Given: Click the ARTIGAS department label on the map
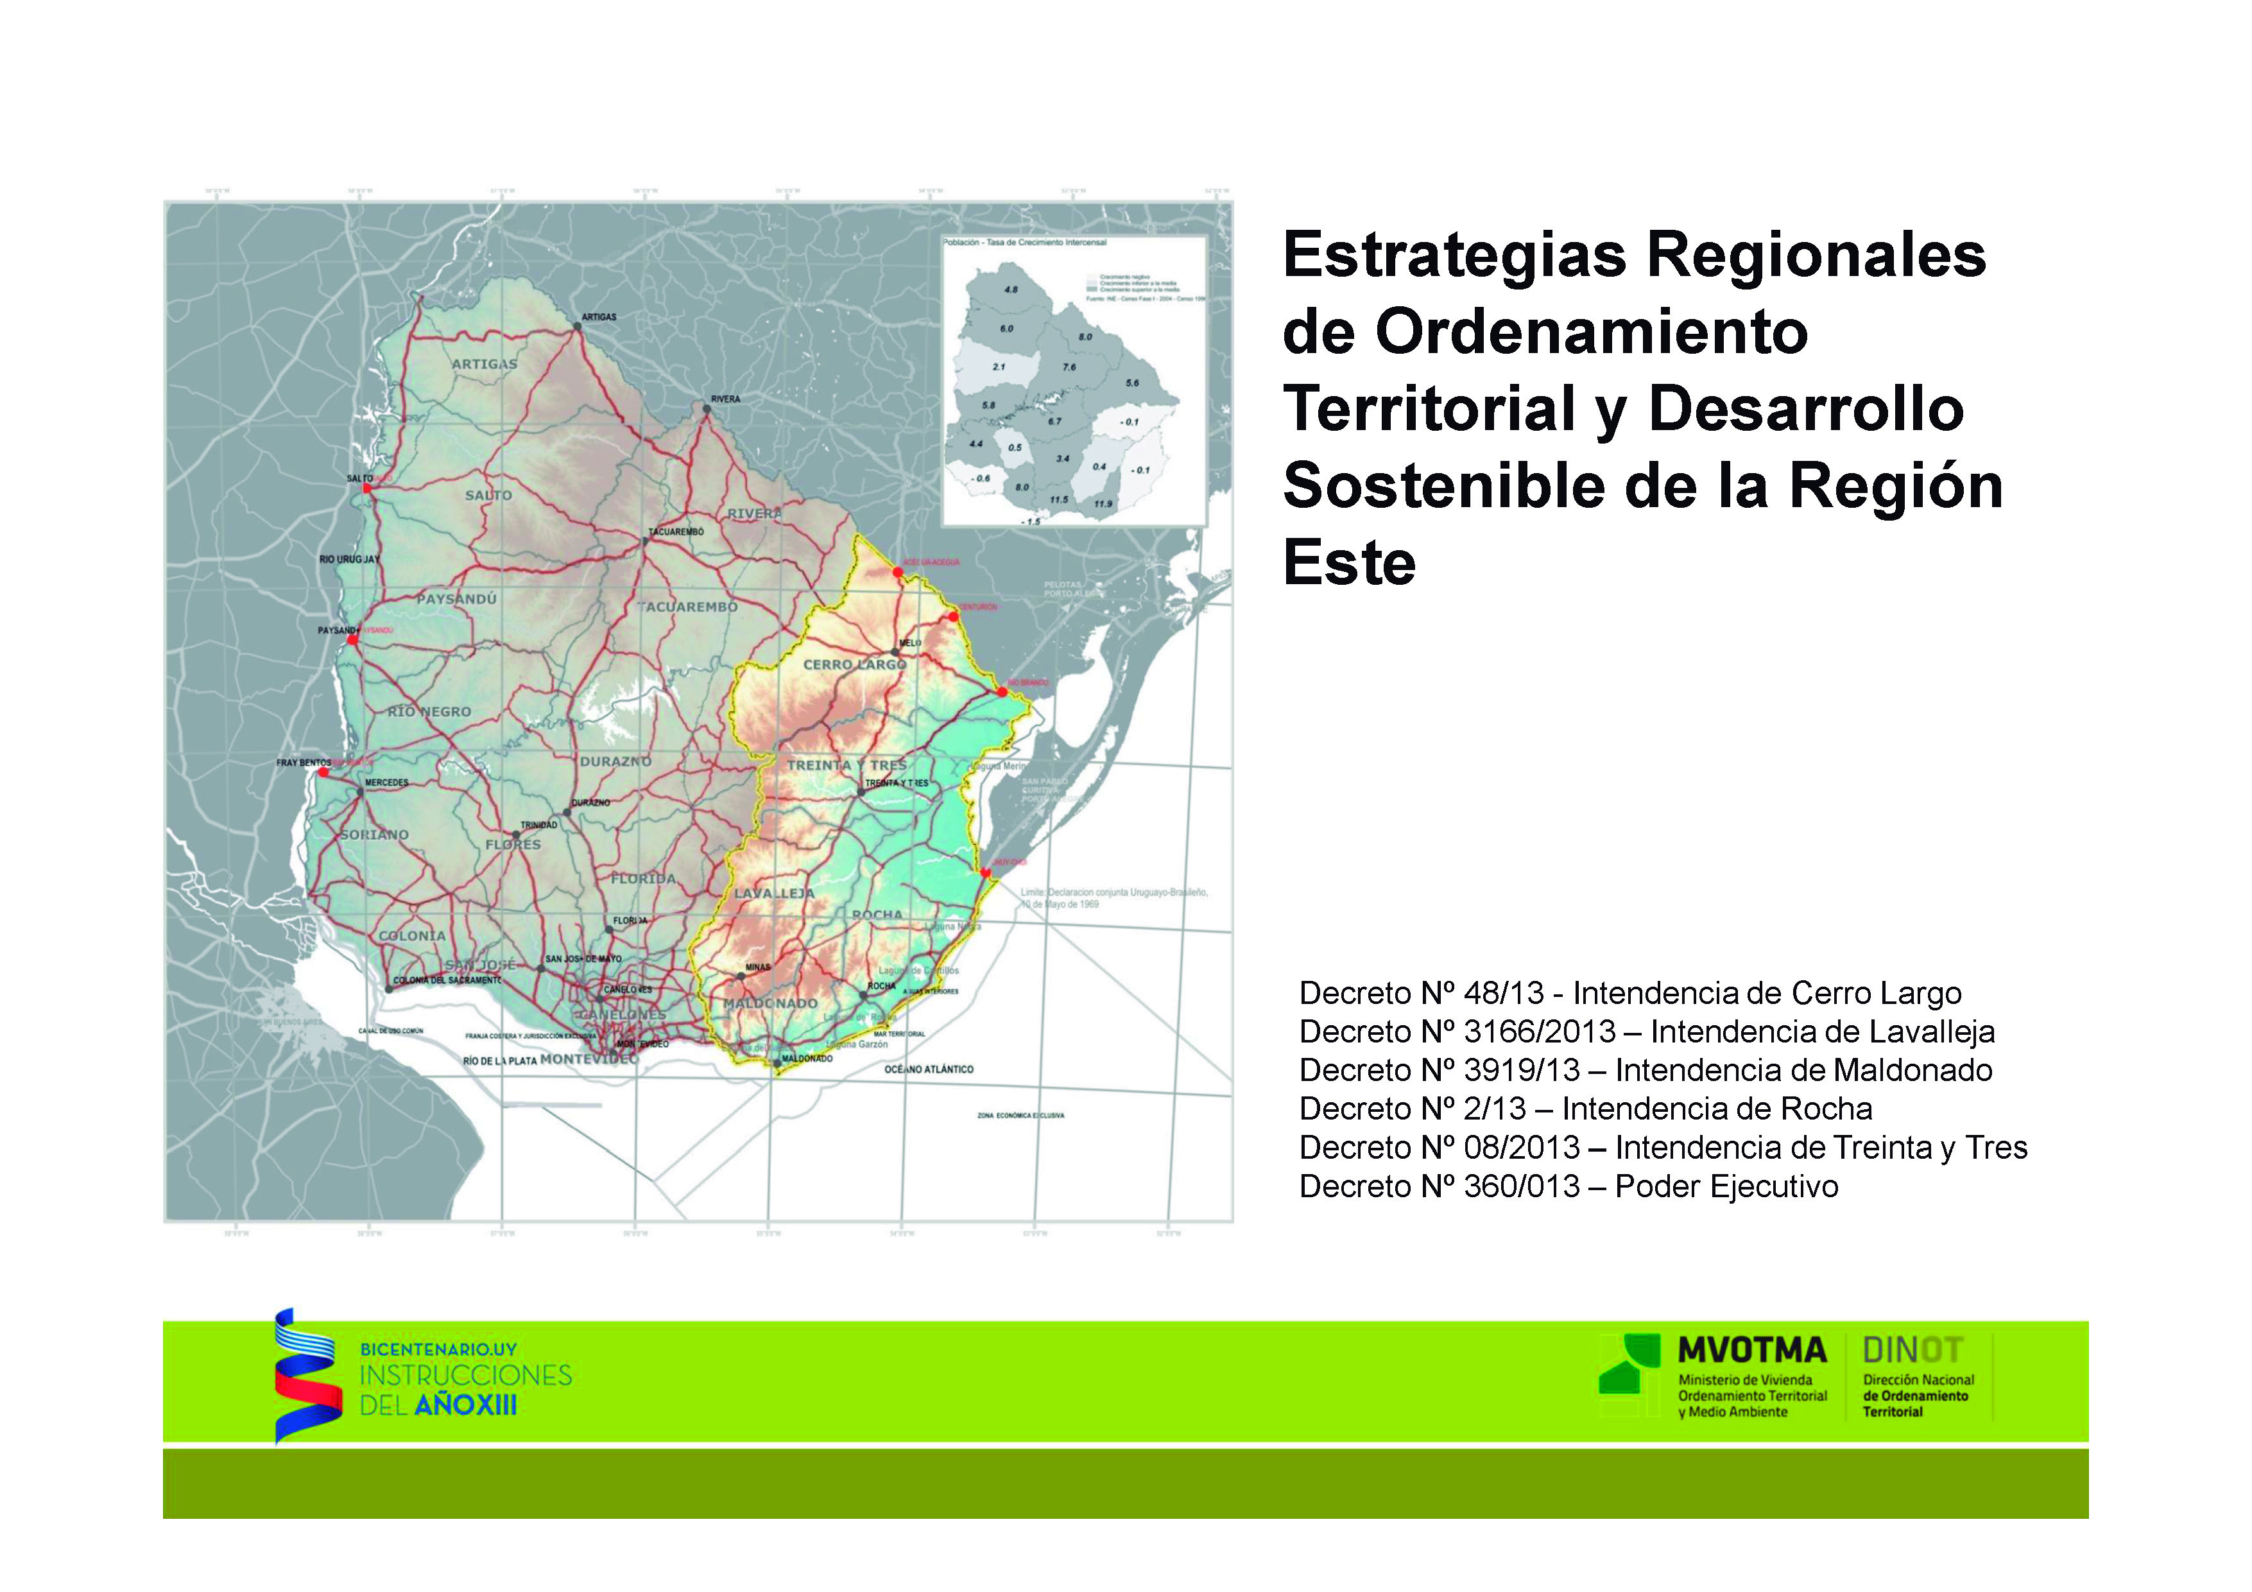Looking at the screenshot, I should click(483, 364).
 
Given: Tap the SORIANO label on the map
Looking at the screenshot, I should click(375, 835).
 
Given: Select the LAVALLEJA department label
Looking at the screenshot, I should click(774, 894).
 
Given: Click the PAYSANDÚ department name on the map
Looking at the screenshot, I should click(456, 598).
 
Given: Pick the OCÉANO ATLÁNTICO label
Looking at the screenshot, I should click(928, 1069).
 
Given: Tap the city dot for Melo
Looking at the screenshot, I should click(895, 652).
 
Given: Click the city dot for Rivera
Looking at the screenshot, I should click(706, 409).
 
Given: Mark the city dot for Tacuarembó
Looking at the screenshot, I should click(646, 541).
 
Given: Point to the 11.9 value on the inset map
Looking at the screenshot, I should click(1103, 504).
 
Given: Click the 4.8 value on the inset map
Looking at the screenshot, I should click(1011, 290).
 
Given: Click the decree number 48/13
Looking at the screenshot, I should click(1504, 994).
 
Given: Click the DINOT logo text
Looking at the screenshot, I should click(1912, 1351).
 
